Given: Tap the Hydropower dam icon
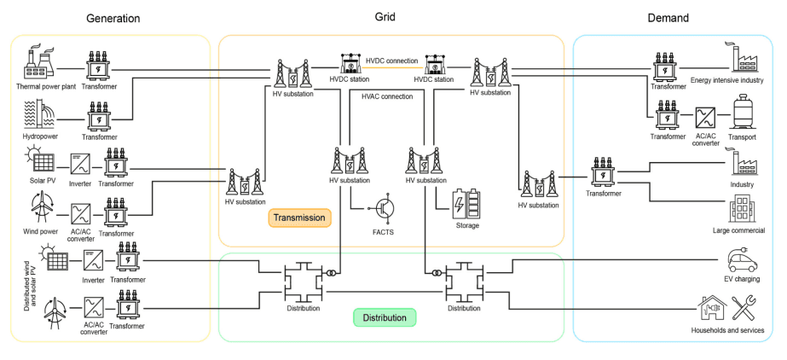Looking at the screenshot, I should (38, 113).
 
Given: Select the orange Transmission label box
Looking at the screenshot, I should (298, 218).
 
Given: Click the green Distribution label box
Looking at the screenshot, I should (384, 317).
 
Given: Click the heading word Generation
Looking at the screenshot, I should (113, 18).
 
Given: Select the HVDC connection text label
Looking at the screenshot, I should (391, 61).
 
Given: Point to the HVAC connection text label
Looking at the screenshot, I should (387, 96).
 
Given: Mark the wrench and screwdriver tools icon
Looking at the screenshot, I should (748, 307).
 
